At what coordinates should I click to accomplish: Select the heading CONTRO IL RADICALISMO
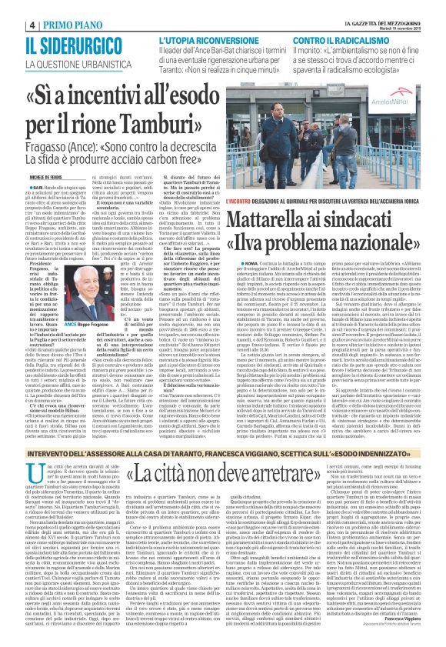pyautogui.click(x=353, y=40)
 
